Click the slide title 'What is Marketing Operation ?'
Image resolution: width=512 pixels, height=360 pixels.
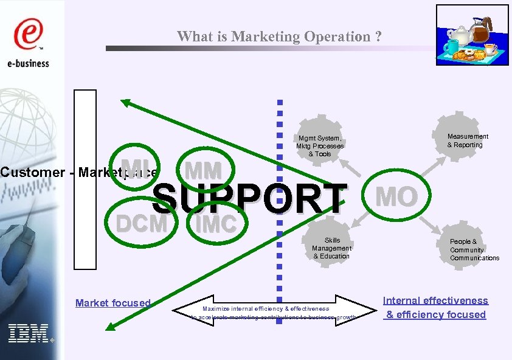(x=280, y=36)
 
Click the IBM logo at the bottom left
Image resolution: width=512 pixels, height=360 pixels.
(x=28, y=333)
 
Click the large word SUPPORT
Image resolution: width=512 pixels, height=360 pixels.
(x=249, y=199)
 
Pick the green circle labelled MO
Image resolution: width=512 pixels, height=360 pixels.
(x=396, y=196)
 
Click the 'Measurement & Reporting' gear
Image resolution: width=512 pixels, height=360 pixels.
(x=467, y=140)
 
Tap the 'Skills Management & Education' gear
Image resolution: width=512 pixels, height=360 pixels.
(x=331, y=248)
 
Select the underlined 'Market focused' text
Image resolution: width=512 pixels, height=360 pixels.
(x=112, y=303)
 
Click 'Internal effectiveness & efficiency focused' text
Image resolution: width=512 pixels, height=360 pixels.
(x=435, y=308)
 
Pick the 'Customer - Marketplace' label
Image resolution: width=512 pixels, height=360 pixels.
(x=79, y=172)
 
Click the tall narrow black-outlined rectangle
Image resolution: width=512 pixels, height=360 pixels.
(x=85, y=179)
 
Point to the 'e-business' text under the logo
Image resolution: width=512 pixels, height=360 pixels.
(x=29, y=63)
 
